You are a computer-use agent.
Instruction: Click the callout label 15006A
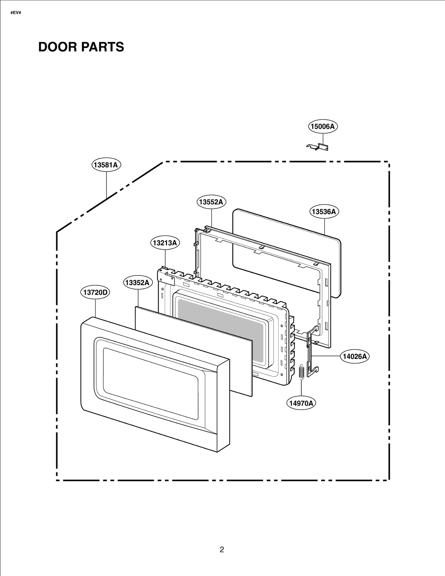click(x=323, y=126)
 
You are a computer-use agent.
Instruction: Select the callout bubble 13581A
click(x=106, y=165)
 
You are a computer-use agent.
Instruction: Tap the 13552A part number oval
click(x=211, y=202)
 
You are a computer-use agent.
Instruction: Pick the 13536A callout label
click(x=324, y=212)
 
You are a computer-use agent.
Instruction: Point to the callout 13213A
click(x=165, y=243)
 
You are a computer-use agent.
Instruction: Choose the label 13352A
click(x=138, y=283)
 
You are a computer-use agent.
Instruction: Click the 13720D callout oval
click(x=95, y=292)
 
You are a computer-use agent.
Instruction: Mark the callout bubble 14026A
click(x=355, y=356)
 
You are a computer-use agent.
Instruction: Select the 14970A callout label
click(x=301, y=403)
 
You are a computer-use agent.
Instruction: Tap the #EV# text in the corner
click(x=16, y=13)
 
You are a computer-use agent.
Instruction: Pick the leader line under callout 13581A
click(x=106, y=183)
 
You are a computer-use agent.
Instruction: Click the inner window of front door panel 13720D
click(x=150, y=383)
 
